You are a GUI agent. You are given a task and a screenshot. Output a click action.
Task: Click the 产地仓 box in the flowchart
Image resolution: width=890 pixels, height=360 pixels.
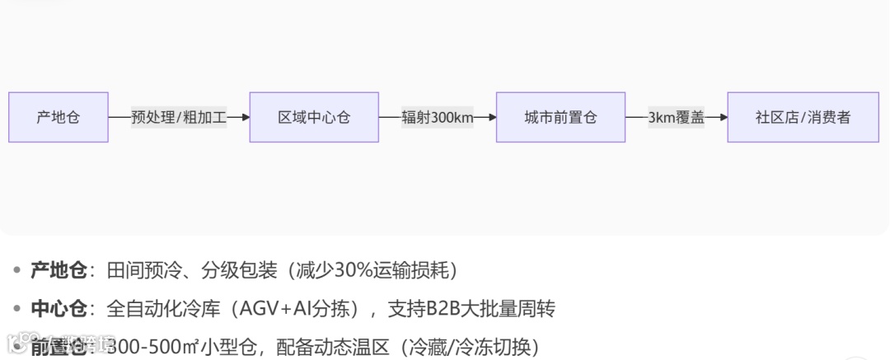59,117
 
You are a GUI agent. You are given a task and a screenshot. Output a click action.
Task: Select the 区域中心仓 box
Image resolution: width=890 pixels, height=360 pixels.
314,117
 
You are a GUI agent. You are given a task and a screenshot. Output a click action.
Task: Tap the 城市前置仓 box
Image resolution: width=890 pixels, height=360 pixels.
560,117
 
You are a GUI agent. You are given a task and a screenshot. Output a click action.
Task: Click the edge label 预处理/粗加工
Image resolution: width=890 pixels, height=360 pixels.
179,117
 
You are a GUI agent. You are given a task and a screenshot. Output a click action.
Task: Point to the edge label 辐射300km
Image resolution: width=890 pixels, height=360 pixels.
438,117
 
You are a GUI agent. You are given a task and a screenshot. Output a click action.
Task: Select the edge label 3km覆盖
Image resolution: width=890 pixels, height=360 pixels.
676,117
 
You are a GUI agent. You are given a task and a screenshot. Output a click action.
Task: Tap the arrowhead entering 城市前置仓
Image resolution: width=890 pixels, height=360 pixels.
491,117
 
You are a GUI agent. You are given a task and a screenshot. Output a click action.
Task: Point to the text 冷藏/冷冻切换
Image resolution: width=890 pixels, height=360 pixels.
471,347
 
